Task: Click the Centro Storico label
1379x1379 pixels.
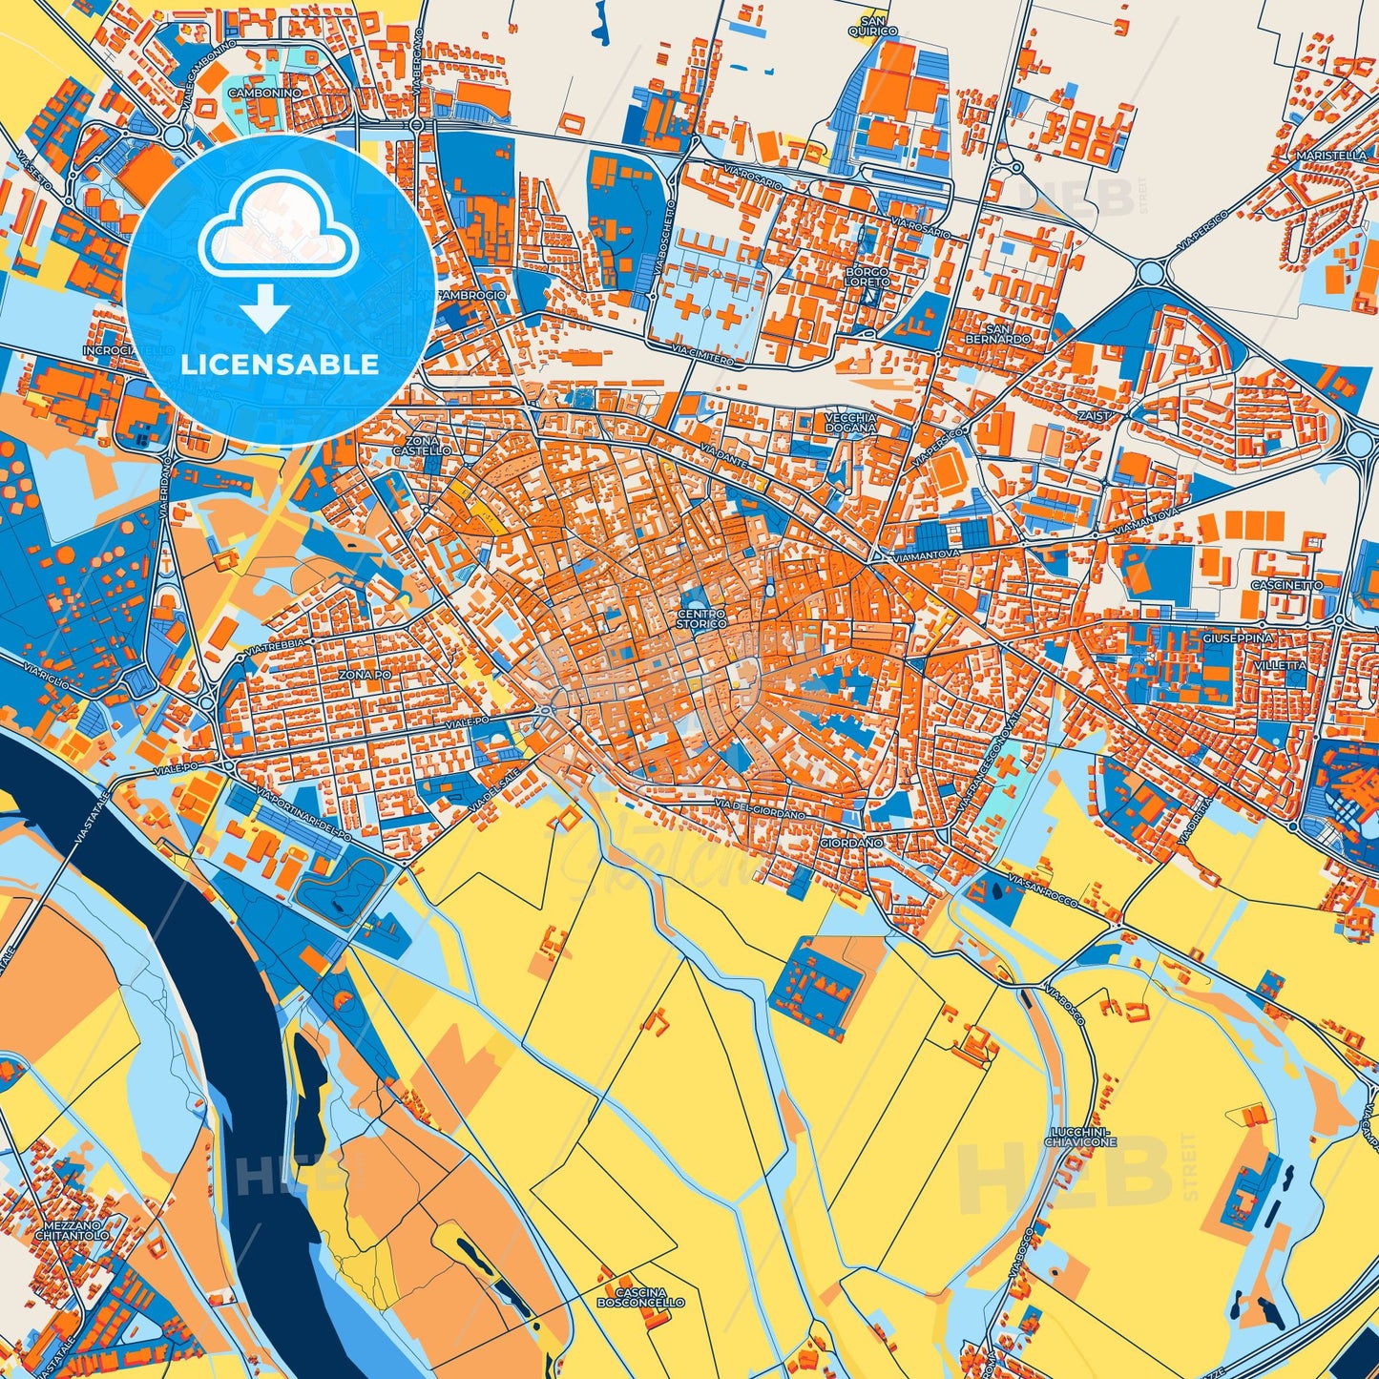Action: coord(701,618)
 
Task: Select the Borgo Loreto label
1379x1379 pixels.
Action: coord(867,277)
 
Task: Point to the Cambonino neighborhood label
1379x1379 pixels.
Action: coord(264,93)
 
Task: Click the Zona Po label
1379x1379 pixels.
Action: coord(365,675)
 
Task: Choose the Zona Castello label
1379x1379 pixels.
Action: coord(421,446)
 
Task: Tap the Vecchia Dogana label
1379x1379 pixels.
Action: coord(850,423)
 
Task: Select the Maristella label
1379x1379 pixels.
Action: coord(1331,155)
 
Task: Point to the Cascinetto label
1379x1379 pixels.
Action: coord(1287,585)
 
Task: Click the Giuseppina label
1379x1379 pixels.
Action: coord(1239,637)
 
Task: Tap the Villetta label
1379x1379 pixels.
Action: coord(1281,665)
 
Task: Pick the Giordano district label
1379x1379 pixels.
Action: coord(851,844)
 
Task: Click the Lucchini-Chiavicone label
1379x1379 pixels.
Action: coord(1080,1136)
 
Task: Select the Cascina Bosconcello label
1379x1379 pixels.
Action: coord(640,1297)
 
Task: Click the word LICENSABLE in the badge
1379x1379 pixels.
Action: coord(280,365)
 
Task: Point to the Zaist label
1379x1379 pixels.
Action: coord(1095,416)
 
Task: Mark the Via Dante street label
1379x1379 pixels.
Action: coord(721,454)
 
